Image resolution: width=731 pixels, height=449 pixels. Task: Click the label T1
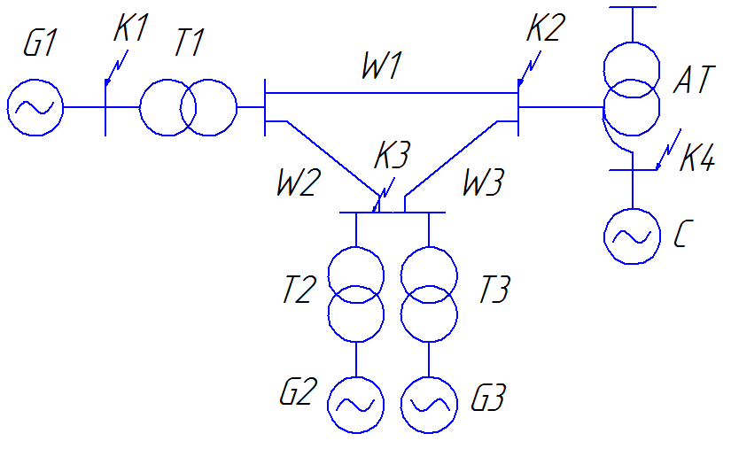(190, 43)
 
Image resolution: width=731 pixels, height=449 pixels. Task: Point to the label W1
(382, 66)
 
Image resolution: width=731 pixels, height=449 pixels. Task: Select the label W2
(299, 182)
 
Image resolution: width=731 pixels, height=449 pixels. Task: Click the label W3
(483, 182)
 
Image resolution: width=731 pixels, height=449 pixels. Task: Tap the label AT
(694, 80)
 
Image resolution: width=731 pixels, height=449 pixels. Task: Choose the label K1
(130, 28)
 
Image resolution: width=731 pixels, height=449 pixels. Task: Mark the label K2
(546, 27)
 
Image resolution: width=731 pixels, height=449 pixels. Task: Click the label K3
(392, 155)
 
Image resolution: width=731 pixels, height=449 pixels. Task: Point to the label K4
(697, 158)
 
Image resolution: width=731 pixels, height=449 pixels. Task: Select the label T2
(299, 290)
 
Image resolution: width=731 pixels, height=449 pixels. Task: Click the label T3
(494, 290)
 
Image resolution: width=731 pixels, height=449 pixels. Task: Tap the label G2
(299, 391)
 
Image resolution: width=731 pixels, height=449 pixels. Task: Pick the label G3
(488, 398)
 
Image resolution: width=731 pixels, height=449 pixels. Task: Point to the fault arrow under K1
(117, 67)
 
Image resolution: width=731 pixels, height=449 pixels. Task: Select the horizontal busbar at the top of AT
(632, 7)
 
